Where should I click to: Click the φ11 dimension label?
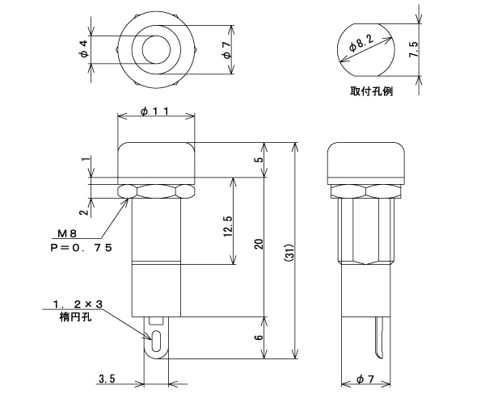(154, 111)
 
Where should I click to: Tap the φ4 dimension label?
(84, 49)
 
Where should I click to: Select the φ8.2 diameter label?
(361, 43)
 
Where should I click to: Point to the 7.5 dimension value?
(414, 49)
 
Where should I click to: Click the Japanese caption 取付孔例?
(372, 91)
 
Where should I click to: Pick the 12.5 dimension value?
(228, 226)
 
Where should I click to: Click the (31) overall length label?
(289, 254)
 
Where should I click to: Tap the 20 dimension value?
(259, 244)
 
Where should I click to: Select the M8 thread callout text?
(67, 234)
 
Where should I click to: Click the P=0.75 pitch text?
(81, 248)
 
